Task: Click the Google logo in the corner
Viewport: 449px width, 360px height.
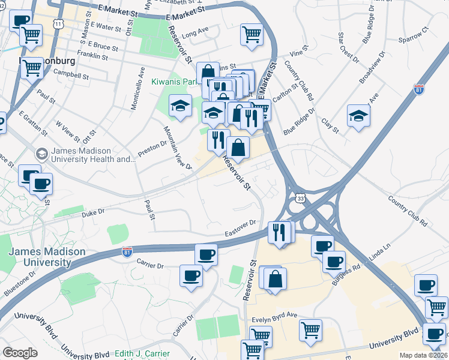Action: (20, 353)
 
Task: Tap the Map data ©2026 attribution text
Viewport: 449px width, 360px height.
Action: (424, 355)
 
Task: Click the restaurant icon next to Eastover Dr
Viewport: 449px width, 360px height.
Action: (278, 231)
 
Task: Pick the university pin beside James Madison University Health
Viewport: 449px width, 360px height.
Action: (41, 154)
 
